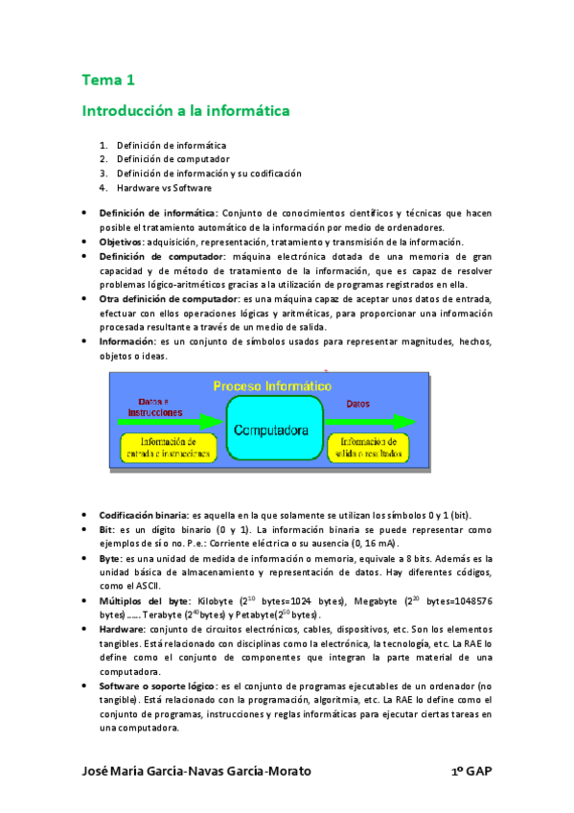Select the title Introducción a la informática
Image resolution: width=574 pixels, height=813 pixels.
[185, 111]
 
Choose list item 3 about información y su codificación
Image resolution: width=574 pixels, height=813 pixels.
[209, 174]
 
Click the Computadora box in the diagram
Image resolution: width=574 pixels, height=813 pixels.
[270, 430]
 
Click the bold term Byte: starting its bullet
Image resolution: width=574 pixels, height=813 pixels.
[109, 557]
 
